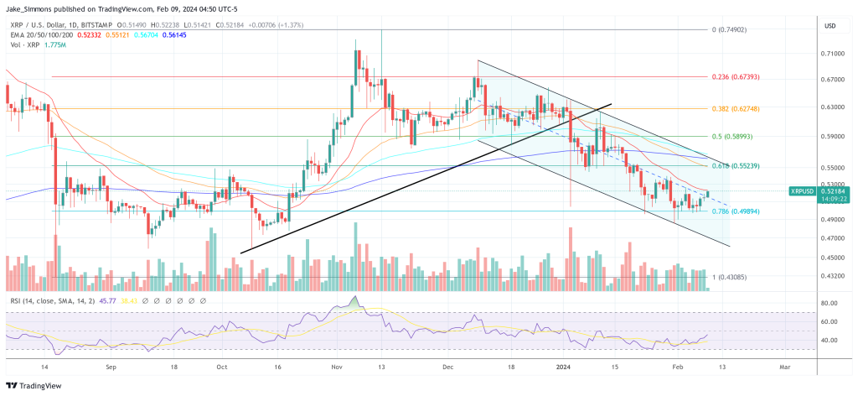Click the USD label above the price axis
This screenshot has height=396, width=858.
point(830,26)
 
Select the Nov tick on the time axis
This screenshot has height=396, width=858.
point(337,367)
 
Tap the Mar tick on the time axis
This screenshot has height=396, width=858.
point(784,367)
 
